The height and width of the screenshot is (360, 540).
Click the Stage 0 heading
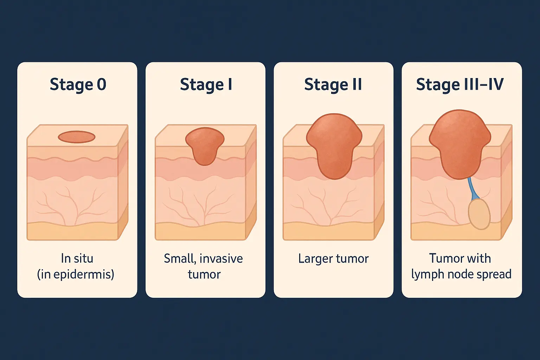point(78,85)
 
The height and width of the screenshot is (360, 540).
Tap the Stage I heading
point(206,85)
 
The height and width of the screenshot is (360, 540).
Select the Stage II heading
point(333,85)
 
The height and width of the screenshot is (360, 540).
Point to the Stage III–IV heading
point(460,85)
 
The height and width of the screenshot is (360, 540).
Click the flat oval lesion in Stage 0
point(77,137)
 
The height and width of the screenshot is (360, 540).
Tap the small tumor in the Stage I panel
point(205,145)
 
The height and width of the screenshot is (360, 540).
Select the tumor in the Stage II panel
point(334,144)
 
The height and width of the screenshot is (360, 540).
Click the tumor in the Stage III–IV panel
point(459,142)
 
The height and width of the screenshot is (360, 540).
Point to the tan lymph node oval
point(479,214)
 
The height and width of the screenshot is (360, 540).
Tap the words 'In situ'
point(77,258)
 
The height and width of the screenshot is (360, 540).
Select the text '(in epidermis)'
point(76,274)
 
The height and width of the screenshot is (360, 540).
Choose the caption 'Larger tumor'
point(333,258)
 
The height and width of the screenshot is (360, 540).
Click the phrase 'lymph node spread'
point(461,274)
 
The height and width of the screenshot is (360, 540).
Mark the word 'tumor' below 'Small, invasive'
point(204,274)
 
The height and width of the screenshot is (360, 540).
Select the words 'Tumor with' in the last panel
point(460,258)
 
